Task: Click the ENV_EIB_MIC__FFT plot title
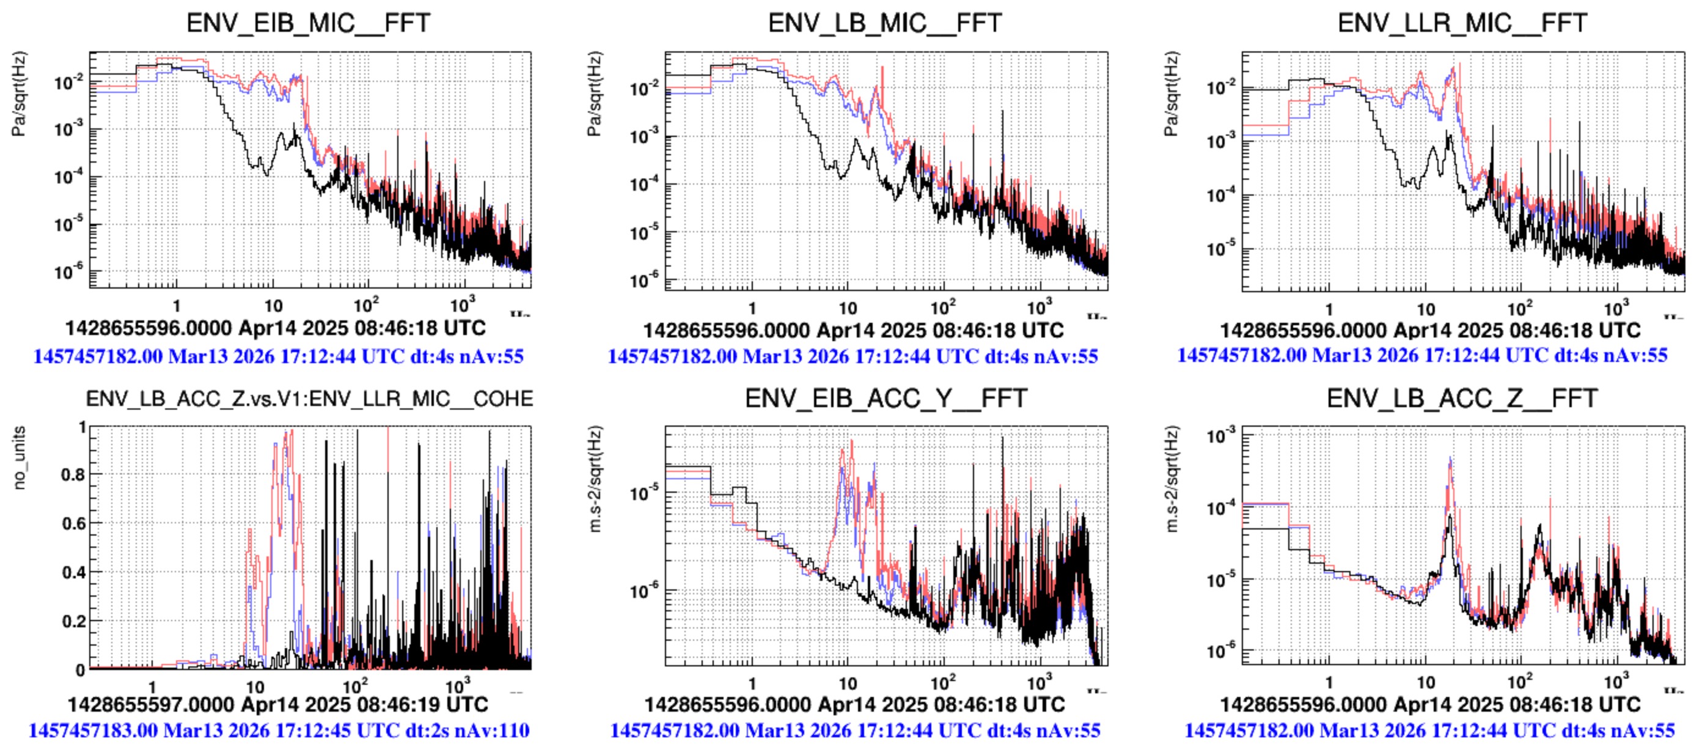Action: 309,23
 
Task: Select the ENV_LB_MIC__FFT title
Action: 885,23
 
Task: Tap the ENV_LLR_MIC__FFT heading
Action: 1462,23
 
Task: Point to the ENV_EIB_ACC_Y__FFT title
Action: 886,399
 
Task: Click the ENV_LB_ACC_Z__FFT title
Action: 1462,399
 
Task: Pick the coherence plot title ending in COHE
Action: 309,399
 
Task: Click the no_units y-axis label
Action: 19,457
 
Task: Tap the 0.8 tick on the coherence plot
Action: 73,474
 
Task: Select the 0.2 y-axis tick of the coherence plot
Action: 73,622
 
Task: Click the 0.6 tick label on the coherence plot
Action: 73,523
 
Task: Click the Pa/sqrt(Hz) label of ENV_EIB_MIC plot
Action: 19,94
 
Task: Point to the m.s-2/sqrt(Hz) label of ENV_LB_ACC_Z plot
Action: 1172,481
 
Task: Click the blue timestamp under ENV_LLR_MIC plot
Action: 1423,355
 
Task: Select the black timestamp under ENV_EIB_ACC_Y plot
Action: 854,704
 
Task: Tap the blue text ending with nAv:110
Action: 279,731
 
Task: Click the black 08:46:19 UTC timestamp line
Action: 277,704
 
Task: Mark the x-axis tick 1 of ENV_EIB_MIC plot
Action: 176,306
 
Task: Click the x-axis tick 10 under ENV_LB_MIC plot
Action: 847,309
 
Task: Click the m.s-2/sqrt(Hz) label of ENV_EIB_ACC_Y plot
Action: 596,481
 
